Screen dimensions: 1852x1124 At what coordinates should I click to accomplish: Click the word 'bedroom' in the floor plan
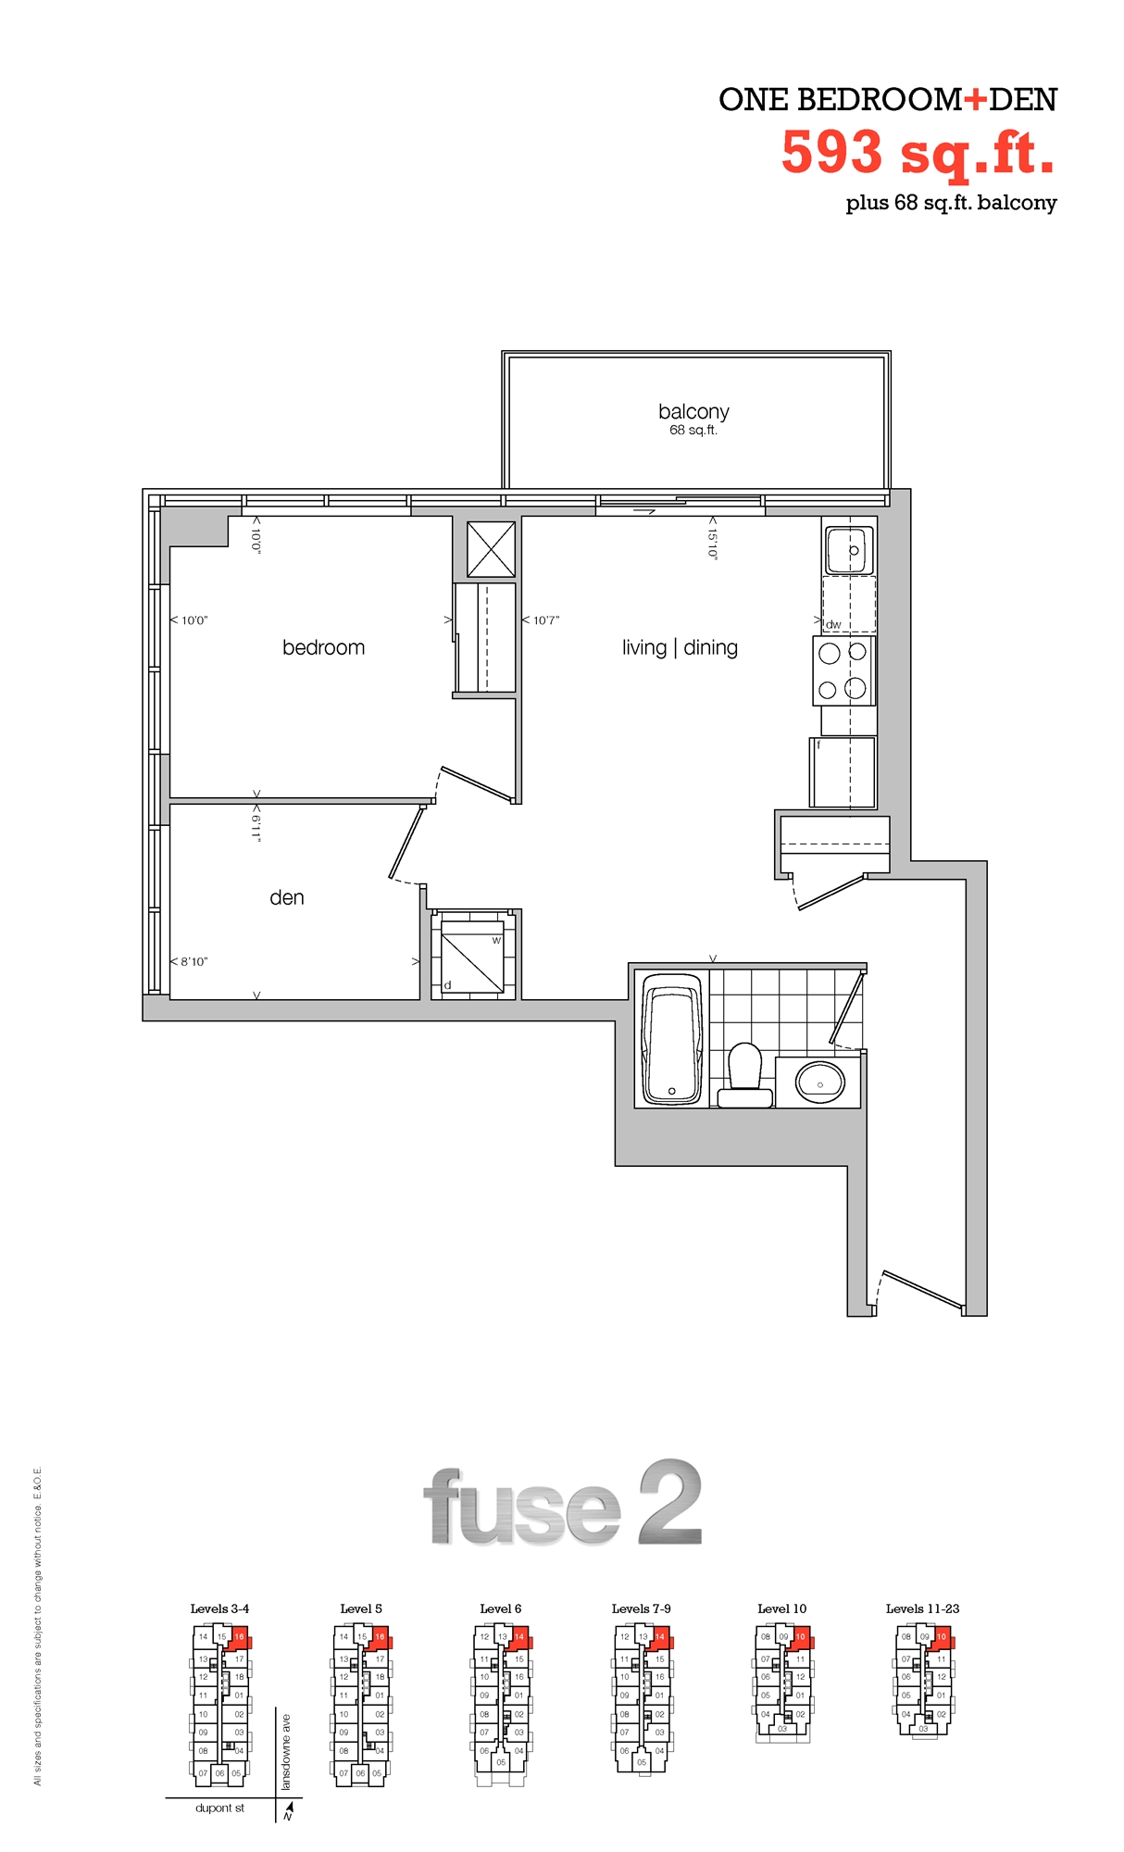click(x=323, y=647)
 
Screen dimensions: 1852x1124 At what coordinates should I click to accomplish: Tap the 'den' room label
click(x=286, y=897)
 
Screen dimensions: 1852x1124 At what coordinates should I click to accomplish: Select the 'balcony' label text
click(x=693, y=411)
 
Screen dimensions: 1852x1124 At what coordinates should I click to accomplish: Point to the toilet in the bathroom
click(x=745, y=1074)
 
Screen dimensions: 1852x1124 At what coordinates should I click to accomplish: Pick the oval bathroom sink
click(x=819, y=1082)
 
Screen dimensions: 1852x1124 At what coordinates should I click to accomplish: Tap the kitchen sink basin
click(x=849, y=550)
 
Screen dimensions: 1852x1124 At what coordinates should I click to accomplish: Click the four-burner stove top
click(x=843, y=670)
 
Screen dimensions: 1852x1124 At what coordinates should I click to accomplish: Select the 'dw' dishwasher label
click(x=833, y=624)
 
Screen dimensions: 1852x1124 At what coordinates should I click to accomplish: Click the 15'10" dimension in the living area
click(x=712, y=538)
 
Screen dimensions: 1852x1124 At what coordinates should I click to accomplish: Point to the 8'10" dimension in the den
click(x=193, y=961)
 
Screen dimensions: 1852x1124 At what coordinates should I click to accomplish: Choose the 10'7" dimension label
click(x=544, y=619)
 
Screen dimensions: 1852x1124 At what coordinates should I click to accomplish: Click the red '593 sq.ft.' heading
click(x=918, y=153)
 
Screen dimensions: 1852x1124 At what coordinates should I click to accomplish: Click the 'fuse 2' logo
click(x=562, y=1505)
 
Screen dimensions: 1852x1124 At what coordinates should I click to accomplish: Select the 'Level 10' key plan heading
click(x=781, y=1608)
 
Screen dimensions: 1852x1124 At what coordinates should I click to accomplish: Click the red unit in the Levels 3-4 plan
click(x=240, y=1638)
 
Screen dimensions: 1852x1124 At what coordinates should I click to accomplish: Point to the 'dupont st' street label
click(x=219, y=1808)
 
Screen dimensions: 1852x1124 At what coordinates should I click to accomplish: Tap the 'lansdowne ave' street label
click(x=286, y=1752)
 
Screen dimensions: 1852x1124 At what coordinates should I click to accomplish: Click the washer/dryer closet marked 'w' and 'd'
click(x=472, y=954)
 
